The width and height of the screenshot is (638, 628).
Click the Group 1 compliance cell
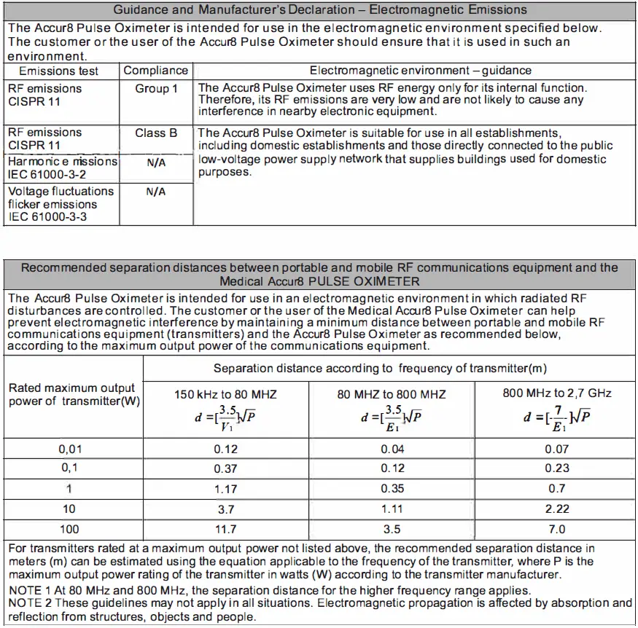[x=156, y=89]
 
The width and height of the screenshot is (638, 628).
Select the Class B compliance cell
[x=156, y=133]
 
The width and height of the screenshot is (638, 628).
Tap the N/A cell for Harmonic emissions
[x=156, y=163]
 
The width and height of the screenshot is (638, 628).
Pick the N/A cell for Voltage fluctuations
[x=156, y=192]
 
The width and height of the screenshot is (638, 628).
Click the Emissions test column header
[x=58, y=71]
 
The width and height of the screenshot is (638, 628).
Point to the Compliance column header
[x=156, y=71]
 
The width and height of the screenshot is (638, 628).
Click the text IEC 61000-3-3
[x=47, y=217]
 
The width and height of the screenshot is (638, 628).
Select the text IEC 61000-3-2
[x=47, y=174]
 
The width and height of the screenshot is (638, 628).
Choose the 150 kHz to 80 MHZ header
[x=225, y=395]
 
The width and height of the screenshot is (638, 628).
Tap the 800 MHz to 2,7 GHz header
[x=556, y=393]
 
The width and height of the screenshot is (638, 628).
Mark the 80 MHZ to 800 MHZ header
[x=392, y=395]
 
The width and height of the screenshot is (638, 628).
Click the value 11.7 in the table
[x=225, y=530]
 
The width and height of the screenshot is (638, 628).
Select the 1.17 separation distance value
[x=225, y=490]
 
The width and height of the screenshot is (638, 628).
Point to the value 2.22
[x=557, y=509]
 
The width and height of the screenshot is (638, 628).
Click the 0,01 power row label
[x=70, y=450]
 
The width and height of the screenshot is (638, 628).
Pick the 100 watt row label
[x=70, y=530]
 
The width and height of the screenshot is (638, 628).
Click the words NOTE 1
[x=31, y=590]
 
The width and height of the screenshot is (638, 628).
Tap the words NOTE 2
[x=31, y=603]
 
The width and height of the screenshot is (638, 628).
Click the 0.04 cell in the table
[x=392, y=450]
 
